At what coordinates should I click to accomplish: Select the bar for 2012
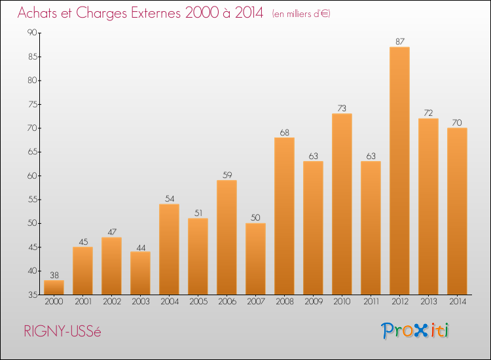click(399, 171)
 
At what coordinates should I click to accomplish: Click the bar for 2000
click(54, 287)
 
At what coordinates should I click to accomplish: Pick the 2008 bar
click(284, 216)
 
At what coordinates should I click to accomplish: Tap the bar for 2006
click(227, 238)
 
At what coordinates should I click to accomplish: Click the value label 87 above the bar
click(400, 41)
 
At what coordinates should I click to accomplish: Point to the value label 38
click(54, 275)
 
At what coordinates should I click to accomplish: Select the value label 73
click(342, 108)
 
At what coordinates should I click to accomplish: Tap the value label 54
click(170, 198)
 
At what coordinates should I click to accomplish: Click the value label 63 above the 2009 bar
click(313, 156)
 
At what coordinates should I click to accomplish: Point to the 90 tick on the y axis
click(32, 33)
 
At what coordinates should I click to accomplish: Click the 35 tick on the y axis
click(33, 295)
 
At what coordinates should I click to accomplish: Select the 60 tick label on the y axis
click(32, 175)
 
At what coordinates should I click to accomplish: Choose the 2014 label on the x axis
click(458, 302)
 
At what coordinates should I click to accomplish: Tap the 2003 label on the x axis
click(141, 302)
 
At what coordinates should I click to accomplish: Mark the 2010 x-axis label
click(342, 302)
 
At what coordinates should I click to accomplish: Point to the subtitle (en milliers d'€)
click(301, 14)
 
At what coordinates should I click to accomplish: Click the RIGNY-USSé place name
click(62, 331)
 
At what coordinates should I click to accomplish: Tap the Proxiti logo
click(415, 331)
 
